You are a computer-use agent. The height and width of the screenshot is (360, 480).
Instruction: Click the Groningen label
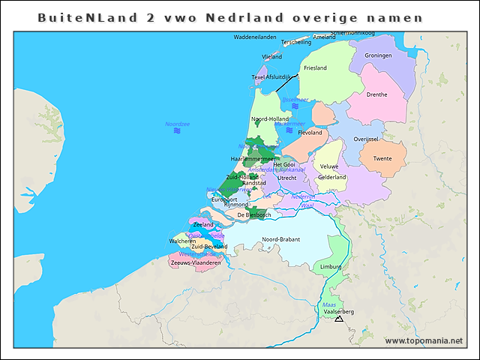pyautogui.click(x=378, y=55)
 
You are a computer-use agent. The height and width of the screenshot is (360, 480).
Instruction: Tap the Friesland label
pyautogui.click(x=315, y=68)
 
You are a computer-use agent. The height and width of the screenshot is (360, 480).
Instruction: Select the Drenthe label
pyautogui.click(x=376, y=94)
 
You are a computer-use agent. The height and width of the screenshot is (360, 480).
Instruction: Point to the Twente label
pyautogui.click(x=382, y=158)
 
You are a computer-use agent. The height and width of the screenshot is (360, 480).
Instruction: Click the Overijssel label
pyautogui.click(x=369, y=139)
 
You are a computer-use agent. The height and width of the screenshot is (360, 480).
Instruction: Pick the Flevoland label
pyautogui.click(x=310, y=133)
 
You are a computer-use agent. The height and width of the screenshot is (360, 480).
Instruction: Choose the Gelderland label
pyautogui.click(x=332, y=177)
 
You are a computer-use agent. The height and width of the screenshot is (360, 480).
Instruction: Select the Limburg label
pyautogui.click(x=331, y=266)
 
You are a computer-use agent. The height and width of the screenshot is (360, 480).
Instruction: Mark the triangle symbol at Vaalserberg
pyautogui.click(x=339, y=319)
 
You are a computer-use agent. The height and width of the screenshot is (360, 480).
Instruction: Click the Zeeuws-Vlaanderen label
pyautogui.click(x=196, y=262)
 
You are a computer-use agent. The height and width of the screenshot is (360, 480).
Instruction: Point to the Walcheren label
pyautogui.click(x=182, y=241)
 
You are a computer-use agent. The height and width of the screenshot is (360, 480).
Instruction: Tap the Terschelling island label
pyautogui.click(x=296, y=43)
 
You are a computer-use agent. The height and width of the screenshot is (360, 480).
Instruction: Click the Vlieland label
pyautogui.click(x=271, y=56)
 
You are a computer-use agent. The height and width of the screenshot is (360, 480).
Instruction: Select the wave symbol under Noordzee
pyautogui.click(x=178, y=131)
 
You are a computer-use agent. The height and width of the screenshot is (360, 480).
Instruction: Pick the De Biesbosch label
pyautogui.click(x=253, y=214)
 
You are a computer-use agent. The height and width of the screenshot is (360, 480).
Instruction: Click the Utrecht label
pyautogui.click(x=287, y=178)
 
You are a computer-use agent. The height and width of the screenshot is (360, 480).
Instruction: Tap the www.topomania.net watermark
pyautogui.click(x=424, y=340)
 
